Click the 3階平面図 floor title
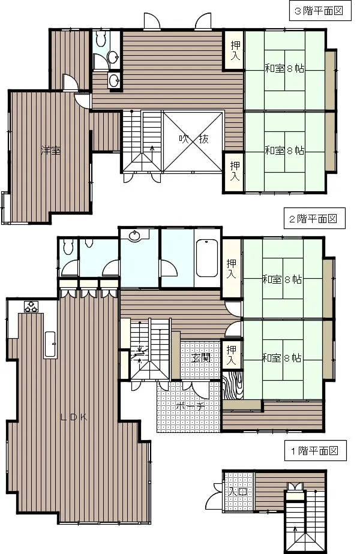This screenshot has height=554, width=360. (319, 11)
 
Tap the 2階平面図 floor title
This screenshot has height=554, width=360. (313, 219)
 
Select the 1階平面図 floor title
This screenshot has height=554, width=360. (315, 451)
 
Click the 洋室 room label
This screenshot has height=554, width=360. (50, 150)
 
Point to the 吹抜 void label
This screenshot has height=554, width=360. (193, 139)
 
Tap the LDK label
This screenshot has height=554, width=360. (74, 417)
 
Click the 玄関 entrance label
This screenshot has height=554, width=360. (201, 358)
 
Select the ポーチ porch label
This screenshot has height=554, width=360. (190, 406)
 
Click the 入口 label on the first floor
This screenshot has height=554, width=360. (238, 492)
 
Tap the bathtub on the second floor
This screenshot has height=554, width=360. (206, 258)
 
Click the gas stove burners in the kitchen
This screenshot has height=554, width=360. (31, 306)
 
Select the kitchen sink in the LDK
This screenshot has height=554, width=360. (50, 345)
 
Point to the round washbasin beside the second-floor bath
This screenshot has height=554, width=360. (134, 236)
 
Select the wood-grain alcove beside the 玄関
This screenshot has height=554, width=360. (233, 385)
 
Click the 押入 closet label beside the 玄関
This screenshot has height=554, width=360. (231, 355)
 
